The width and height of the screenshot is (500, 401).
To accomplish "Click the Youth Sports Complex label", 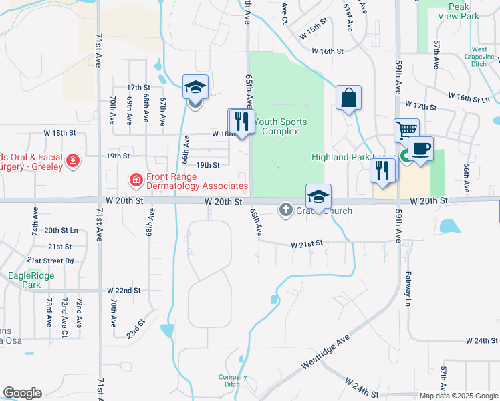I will [x=281, y=126].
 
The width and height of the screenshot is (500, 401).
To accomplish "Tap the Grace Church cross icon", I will [x=285, y=211].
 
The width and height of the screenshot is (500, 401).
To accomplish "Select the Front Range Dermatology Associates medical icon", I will [x=135, y=179].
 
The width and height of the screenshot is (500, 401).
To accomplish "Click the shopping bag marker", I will [x=348, y=98].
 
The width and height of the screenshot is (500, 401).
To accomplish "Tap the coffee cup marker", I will [x=420, y=148].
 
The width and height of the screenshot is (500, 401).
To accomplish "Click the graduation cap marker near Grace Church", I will [x=319, y=197].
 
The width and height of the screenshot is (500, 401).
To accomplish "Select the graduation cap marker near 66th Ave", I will [x=196, y=87].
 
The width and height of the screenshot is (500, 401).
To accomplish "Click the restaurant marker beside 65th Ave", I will [x=241, y=121].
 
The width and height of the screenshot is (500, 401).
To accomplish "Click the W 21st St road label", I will [x=307, y=245].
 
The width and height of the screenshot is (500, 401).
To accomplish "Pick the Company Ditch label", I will [x=233, y=380].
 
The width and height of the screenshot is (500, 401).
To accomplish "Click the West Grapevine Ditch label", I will [x=479, y=57].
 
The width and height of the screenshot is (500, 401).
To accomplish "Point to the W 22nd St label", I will [x=124, y=291].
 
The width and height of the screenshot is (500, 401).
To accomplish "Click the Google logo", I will [x=22, y=393].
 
